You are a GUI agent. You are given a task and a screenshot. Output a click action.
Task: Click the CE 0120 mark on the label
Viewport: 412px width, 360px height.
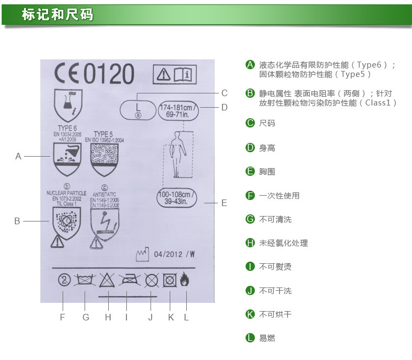click(94, 74)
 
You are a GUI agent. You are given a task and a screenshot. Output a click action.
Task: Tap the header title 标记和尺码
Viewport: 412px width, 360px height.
click(58, 14)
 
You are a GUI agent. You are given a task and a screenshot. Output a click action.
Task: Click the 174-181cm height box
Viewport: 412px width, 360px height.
click(179, 108)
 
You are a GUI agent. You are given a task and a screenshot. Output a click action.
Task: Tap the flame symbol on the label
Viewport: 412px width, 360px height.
click(186, 280)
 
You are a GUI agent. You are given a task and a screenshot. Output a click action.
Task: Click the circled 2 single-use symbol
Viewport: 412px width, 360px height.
click(64, 280)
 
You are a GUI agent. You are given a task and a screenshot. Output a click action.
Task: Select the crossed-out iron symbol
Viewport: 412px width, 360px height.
click(127, 280)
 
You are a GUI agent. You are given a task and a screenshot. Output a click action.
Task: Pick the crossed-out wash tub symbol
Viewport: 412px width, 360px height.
click(84, 280)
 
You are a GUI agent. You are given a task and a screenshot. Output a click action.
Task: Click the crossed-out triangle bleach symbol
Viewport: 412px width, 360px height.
click(107, 280)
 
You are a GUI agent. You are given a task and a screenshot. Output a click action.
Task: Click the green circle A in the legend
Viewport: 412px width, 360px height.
click(250, 65)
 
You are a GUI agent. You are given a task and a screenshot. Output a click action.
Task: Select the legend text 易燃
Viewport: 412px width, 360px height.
click(267, 338)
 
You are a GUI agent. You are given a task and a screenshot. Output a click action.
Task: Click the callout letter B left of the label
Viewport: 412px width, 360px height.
click(17, 221)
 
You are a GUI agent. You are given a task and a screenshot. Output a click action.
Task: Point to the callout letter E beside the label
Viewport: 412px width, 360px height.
click(224, 203)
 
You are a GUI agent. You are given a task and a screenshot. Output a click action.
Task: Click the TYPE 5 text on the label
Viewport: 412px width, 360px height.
click(103, 134)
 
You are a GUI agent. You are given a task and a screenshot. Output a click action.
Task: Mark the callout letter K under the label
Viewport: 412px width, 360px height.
click(171, 317)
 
